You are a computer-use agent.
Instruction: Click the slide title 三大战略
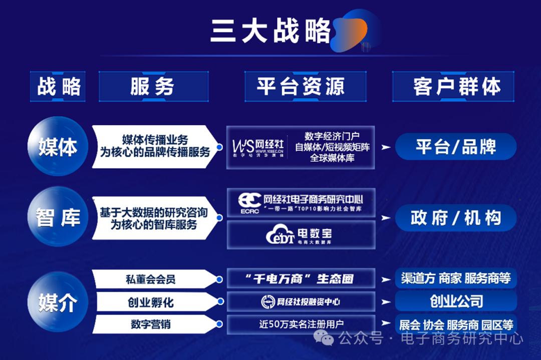(270, 31)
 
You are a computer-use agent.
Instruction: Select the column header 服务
(153, 87)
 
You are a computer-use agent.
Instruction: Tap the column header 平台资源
(301, 87)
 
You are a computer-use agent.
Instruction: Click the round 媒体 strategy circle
(58, 147)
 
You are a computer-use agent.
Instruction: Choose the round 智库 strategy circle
(58, 218)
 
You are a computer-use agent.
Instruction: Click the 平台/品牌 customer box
(455, 147)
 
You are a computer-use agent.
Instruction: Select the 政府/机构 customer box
(455, 218)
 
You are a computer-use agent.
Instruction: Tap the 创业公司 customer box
(455, 301)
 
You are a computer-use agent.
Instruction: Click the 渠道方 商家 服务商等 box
(455, 278)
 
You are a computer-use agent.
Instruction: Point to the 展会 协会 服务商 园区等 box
(455, 324)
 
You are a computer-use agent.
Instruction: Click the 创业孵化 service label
(150, 302)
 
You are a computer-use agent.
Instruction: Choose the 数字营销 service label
(150, 324)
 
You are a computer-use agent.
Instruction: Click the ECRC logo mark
(249, 203)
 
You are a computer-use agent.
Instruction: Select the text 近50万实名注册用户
(301, 324)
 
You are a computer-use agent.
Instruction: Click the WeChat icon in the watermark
(327, 339)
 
